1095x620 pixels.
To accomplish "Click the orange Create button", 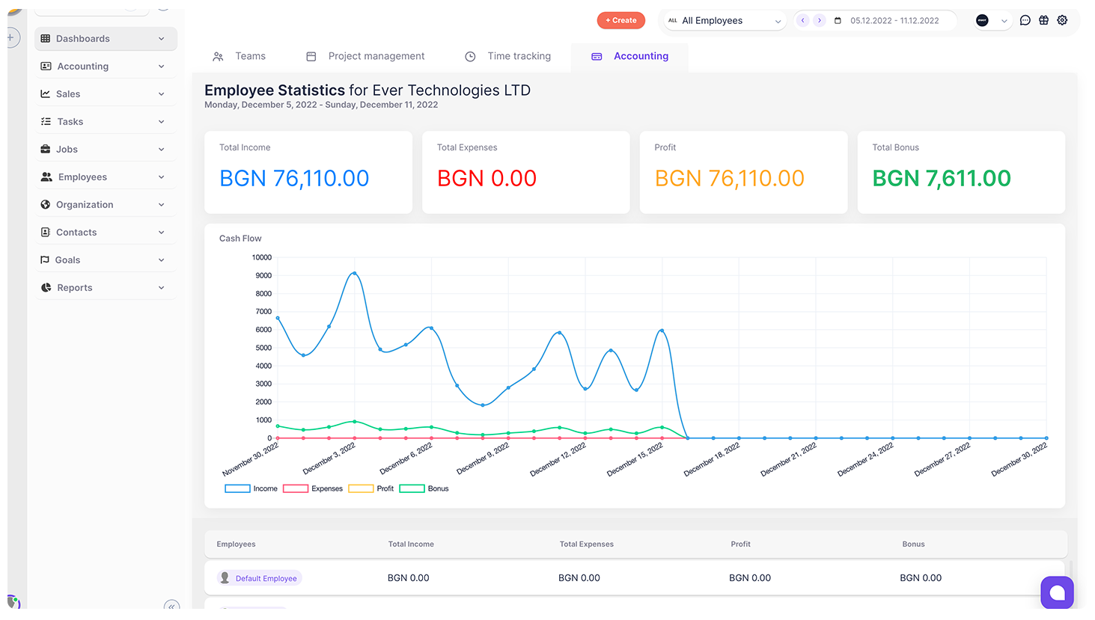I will click(620, 20).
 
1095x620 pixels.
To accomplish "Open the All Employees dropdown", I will click(724, 21).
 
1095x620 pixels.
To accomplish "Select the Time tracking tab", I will click(518, 56).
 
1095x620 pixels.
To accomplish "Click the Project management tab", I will click(376, 56).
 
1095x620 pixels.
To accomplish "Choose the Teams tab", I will click(249, 56).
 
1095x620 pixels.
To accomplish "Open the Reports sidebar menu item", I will click(75, 288).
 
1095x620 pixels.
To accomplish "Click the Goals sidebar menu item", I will click(67, 260).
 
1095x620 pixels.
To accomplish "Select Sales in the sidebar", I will click(67, 94).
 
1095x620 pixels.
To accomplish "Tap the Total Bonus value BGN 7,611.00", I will click(941, 179).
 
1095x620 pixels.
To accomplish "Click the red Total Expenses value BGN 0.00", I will click(487, 179).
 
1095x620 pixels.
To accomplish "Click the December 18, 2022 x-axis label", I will click(712, 459).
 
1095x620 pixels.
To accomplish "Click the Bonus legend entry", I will click(425, 488).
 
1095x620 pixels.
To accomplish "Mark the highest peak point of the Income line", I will click(354, 273).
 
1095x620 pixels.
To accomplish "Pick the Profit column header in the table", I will click(740, 544).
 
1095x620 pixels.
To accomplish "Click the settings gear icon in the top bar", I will click(1062, 20).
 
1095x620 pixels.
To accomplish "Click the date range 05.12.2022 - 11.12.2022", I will click(894, 21).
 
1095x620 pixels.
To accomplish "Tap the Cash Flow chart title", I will click(240, 239).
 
